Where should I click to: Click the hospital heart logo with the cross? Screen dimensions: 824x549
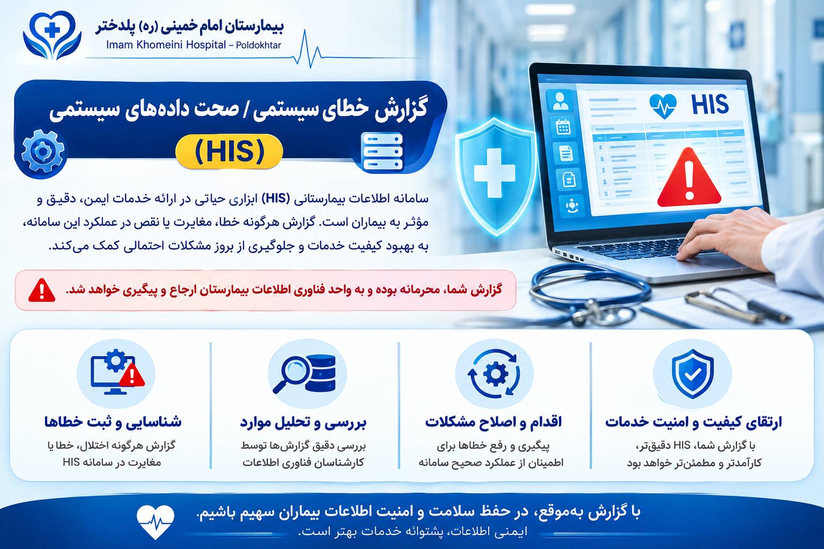[52, 35]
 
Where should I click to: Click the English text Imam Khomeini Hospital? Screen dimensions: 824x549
[166, 45]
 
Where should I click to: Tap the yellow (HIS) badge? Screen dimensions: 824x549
[229, 152]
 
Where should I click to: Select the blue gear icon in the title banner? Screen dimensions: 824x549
[43, 152]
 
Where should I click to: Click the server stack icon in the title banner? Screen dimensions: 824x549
[382, 152]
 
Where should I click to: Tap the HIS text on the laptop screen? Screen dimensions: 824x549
[710, 105]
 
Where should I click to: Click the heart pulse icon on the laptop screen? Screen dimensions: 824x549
[663, 106]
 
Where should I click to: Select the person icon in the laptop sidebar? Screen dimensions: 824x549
[560, 101]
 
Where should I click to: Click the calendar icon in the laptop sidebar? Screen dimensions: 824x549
[563, 127]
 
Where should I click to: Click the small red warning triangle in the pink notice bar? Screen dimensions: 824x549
[41, 291]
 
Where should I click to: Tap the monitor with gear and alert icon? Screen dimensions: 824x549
[117, 372]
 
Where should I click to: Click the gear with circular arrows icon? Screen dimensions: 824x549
[494, 374]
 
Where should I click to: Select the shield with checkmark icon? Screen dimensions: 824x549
[693, 374]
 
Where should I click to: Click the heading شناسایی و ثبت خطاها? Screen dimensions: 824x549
[113, 422]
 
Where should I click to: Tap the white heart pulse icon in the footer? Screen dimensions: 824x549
[155, 522]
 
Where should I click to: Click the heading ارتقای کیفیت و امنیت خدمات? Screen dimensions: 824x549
[694, 422]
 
